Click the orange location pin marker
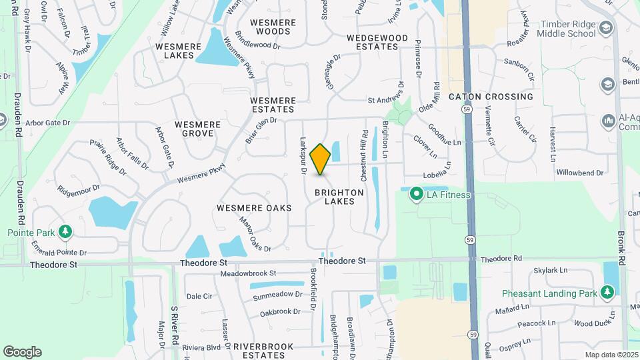[x=321, y=159]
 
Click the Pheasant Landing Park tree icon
[x=607, y=292]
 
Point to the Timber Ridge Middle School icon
[x=605, y=29]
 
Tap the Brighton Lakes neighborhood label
[x=345, y=197]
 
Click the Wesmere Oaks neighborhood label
[x=254, y=208]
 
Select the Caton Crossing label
[x=491, y=97]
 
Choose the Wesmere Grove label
[x=194, y=129]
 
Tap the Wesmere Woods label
[x=273, y=27]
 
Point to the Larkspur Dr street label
[x=303, y=156]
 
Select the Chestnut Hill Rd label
[x=365, y=155]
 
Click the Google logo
[x=22, y=352]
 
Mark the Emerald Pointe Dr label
[x=59, y=253]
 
